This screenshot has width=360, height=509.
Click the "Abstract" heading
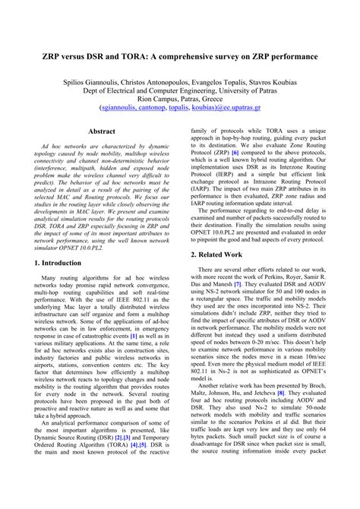tap(101, 131)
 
